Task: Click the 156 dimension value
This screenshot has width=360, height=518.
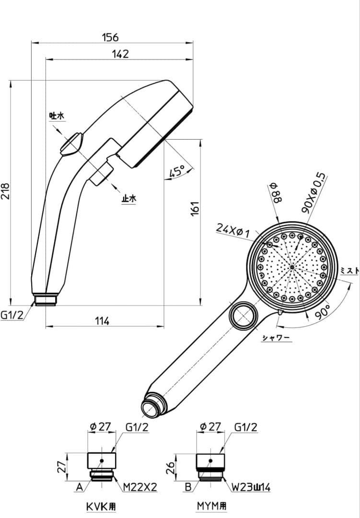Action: [x=110, y=37]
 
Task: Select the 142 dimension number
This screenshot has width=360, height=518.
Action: [x=120, y=54]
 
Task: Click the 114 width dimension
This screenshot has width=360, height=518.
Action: [x=102, y=321]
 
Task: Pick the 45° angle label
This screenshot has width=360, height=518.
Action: [x=177, y=171]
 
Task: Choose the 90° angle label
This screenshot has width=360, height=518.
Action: [x=322, y=310]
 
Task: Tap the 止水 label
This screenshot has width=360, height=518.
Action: [x=129, y=198]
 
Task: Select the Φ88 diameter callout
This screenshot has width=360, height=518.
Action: [x=277, y=194]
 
